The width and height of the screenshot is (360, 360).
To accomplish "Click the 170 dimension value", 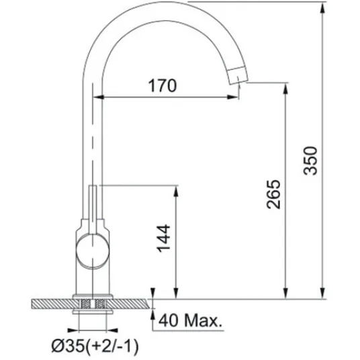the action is (163, 85).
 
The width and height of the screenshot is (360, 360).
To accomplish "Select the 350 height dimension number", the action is (310, 161).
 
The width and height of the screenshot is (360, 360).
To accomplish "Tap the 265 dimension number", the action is (273, 194).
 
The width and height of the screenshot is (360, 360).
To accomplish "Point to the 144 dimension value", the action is (163, 238).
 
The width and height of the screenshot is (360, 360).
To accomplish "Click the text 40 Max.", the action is (191, 320).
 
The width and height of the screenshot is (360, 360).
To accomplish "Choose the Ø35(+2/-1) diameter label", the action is (95, 346).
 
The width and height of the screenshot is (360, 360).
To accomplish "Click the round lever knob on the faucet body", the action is (92, 251).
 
